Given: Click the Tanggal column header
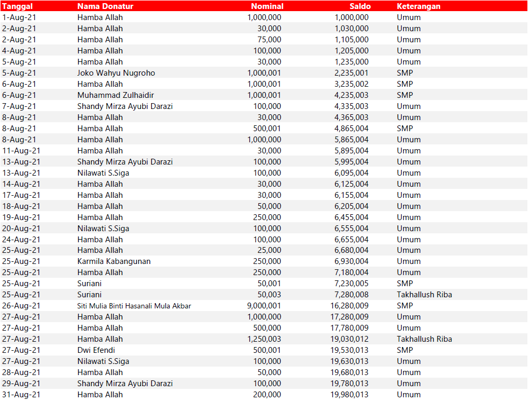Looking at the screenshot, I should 17,6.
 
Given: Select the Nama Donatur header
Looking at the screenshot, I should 105,6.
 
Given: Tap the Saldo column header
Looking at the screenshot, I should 360,6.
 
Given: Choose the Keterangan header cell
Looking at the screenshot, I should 419,6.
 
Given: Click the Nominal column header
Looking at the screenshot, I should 267,6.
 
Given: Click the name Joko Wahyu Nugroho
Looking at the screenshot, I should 116,73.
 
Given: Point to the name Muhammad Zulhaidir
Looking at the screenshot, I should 115,95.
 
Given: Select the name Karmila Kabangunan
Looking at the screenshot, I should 114,261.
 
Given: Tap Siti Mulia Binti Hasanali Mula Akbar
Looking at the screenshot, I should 134,306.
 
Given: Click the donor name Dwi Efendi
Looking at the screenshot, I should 96,350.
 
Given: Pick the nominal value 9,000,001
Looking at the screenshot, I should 264,306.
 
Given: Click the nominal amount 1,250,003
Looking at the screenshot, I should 264,339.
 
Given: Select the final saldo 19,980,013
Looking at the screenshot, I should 349,395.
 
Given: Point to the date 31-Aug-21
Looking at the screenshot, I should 21,395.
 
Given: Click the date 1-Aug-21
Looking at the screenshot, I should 19,17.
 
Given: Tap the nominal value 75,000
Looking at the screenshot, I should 269,40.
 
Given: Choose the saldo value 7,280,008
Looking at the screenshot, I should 351,295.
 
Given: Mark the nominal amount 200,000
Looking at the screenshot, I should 267,395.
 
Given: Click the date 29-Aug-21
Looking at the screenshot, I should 21,384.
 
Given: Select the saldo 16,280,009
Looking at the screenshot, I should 349,306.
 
